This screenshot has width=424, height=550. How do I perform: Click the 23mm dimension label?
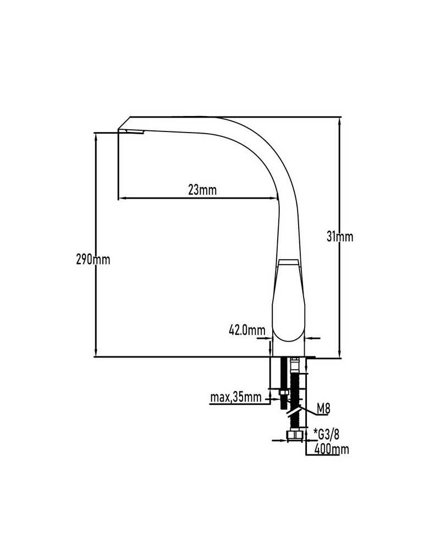[x=202, y=190]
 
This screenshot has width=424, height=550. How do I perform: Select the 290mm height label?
[x=93, y=260]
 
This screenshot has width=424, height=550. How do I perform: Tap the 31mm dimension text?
[x=340, y=237]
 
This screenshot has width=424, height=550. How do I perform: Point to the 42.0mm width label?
[x=247, y=330]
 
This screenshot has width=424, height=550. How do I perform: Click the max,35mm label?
[x=236, y=398]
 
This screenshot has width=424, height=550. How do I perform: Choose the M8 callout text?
[x=323, y=408]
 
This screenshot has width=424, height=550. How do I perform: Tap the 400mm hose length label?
[x=332, y=449]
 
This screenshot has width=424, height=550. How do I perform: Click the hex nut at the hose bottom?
[x=295, y=435]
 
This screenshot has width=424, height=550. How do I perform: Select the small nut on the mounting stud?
[x=283, y=392]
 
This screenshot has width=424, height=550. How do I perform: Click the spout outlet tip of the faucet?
[x=131, y=132]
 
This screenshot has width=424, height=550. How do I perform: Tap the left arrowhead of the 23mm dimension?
[x=122, y=199]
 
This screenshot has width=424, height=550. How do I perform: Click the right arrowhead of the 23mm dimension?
[x=274, y=199]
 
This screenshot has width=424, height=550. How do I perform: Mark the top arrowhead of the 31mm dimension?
[x=339, y=122]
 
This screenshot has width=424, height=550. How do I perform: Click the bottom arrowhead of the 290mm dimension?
[x=95, y=353]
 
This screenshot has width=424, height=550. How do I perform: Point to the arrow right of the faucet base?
[x=312, y=338]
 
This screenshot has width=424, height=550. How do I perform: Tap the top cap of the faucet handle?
[x=288, y=262]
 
